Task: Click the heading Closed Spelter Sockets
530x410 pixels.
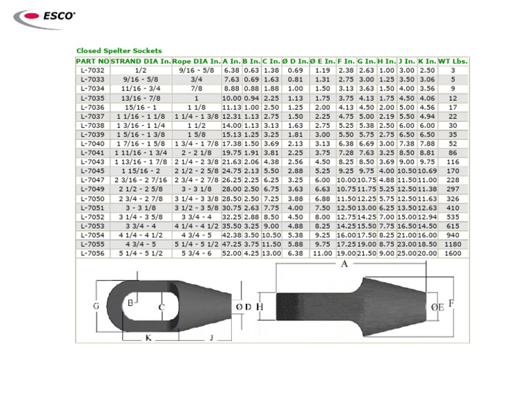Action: point(119,50)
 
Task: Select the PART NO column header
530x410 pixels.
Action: point(92,61)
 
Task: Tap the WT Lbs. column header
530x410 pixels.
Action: point(453,61)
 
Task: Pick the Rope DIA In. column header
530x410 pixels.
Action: point(197,61)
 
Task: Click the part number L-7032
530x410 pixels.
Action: point(92,70)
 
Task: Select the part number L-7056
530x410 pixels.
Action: point(92,253)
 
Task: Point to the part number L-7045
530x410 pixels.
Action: point(92,170)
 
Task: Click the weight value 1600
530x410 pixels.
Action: point(453,253)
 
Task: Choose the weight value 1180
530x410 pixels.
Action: point(453,244)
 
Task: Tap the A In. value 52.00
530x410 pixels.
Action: point(231,253)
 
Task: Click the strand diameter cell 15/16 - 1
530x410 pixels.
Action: point(141,108)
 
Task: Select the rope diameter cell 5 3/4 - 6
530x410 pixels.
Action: point(197,253)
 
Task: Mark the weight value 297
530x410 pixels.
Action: point(453,188)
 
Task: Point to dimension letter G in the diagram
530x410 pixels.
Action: point(96,306)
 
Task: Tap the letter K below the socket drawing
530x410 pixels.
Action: point(148,337)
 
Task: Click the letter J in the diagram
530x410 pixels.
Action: point(211,337)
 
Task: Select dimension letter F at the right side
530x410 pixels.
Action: point(451,302)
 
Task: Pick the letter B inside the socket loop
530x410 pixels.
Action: point(130,302)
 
